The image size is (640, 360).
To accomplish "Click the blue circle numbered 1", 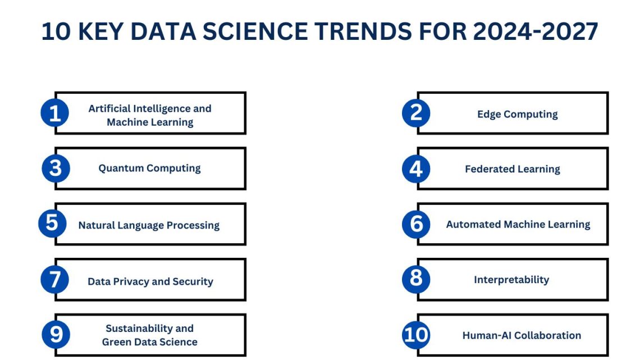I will [x=55, y=113].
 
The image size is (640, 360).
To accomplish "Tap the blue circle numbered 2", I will [x=416, y=113].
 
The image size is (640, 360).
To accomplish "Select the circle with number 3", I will [x=56, y=168].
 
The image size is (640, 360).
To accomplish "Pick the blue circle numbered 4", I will [x=416, y=168].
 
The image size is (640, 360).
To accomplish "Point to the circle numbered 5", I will [x=52, y=223].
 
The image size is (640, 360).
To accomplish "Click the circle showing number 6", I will [x=417, y=224].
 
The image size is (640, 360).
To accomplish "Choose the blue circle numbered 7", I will [x=55, y=279].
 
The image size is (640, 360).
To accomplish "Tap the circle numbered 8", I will [x=416, y=278].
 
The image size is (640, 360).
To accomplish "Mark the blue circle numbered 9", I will [x=56, y=335].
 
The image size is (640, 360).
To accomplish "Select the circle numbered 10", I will [x=416, y=335].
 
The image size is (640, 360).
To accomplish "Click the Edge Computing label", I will [x=517, y=114].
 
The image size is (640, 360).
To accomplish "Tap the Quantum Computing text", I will [x=149, y=168].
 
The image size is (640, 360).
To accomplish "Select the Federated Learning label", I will [x=512, y=169].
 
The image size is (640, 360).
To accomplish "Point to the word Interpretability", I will [x=511, y=280].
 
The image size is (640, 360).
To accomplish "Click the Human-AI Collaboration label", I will [x=522, y=335].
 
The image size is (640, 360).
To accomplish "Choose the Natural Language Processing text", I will [x=149, y=225].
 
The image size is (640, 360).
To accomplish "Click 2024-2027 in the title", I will [x=535, y=32].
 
